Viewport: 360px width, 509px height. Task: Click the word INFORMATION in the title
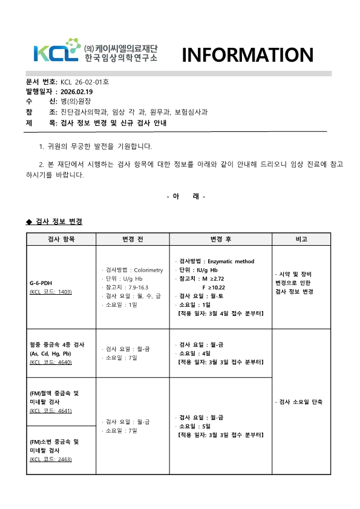pos(247,55)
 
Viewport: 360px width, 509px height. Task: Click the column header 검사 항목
pos(61,239)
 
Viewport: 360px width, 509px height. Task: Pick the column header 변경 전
pos(133,239)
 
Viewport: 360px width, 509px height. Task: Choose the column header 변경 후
pos(220,239)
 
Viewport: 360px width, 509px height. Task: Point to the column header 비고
pos(301,239)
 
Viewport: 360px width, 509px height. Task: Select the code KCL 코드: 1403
pos(51,292)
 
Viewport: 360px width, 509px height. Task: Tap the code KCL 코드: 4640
pos(51,362)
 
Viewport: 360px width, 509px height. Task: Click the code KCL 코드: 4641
pos(51,411)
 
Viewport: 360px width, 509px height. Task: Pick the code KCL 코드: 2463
pos(51,459)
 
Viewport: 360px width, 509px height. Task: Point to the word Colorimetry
pos(149,270)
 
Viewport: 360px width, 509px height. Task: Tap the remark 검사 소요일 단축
pos(301,402)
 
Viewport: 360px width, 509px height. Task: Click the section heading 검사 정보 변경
pos(59,222)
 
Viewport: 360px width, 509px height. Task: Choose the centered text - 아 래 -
pos(185,196)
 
